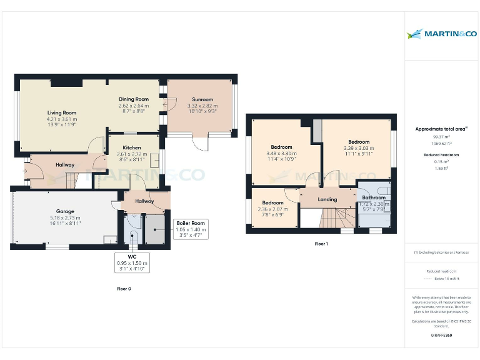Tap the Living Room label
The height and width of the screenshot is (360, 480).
(x=61, y=113)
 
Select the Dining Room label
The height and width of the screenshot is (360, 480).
(x=134, y=99)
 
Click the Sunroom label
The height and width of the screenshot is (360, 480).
(x=202, y=99)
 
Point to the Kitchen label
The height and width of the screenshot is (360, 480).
(x=132, y=147)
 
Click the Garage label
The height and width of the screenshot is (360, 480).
(x=65, y=211)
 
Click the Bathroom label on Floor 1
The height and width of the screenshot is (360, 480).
(x=374, y=197)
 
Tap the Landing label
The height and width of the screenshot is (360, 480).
(x=327, y=200)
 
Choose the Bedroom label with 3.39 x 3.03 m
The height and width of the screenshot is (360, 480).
(x=359, y=142)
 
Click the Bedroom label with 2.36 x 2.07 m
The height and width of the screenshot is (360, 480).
(x=272, y=203)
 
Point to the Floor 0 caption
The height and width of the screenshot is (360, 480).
(x=124, y=289)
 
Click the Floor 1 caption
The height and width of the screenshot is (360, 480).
(x=321, y=244)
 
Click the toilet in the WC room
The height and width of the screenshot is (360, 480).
(x=132, y=236)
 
